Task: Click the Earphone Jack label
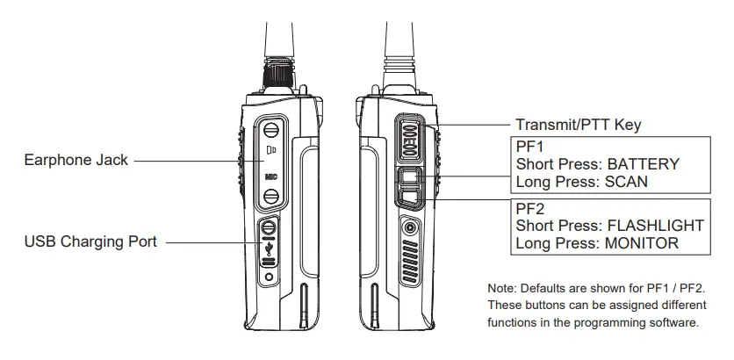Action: click(77, 160)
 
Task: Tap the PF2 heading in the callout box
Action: click(529, 208)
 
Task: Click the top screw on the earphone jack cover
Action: click(271, 132)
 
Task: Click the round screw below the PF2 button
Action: click(409, 228)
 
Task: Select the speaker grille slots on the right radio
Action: click(409, 263)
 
